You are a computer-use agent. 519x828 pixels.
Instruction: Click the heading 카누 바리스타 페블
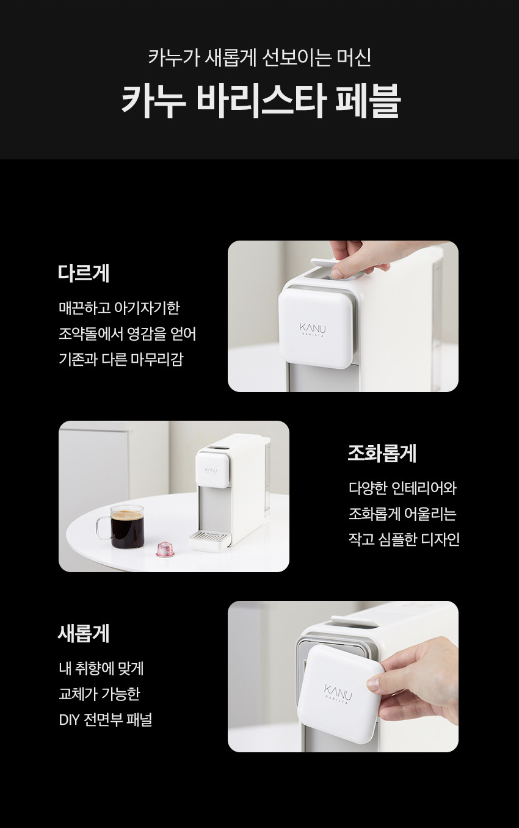click(x=261, y=101)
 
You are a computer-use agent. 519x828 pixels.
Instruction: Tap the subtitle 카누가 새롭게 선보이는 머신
click(x=259, y=57)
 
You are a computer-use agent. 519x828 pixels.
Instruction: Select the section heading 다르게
click(x=84, y=273)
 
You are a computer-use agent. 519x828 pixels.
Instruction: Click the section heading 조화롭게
click(x=382, y=453)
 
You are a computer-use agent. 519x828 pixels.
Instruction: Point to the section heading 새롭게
click(x=84, y=634)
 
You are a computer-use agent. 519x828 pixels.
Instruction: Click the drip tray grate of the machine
click(x=208, y=536)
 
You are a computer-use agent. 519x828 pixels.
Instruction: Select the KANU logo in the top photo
click(x=313, y=329)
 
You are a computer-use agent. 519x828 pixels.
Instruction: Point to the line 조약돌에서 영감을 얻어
click(x=127, y=334)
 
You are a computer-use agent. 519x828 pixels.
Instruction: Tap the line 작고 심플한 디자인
click(x=404, y=539)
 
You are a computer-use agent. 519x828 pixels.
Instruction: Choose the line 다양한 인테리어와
click(x=402, y=488)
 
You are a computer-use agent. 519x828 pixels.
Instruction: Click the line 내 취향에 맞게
click(x=101, y=668)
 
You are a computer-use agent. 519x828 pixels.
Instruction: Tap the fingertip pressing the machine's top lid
click(x=337, y=273)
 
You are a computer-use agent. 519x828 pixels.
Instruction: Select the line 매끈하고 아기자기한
click(x=119, y=308)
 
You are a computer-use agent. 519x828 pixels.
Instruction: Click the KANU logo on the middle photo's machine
click(x=211, y=471)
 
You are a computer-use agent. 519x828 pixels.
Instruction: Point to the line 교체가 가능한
click(x=100, y=694)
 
